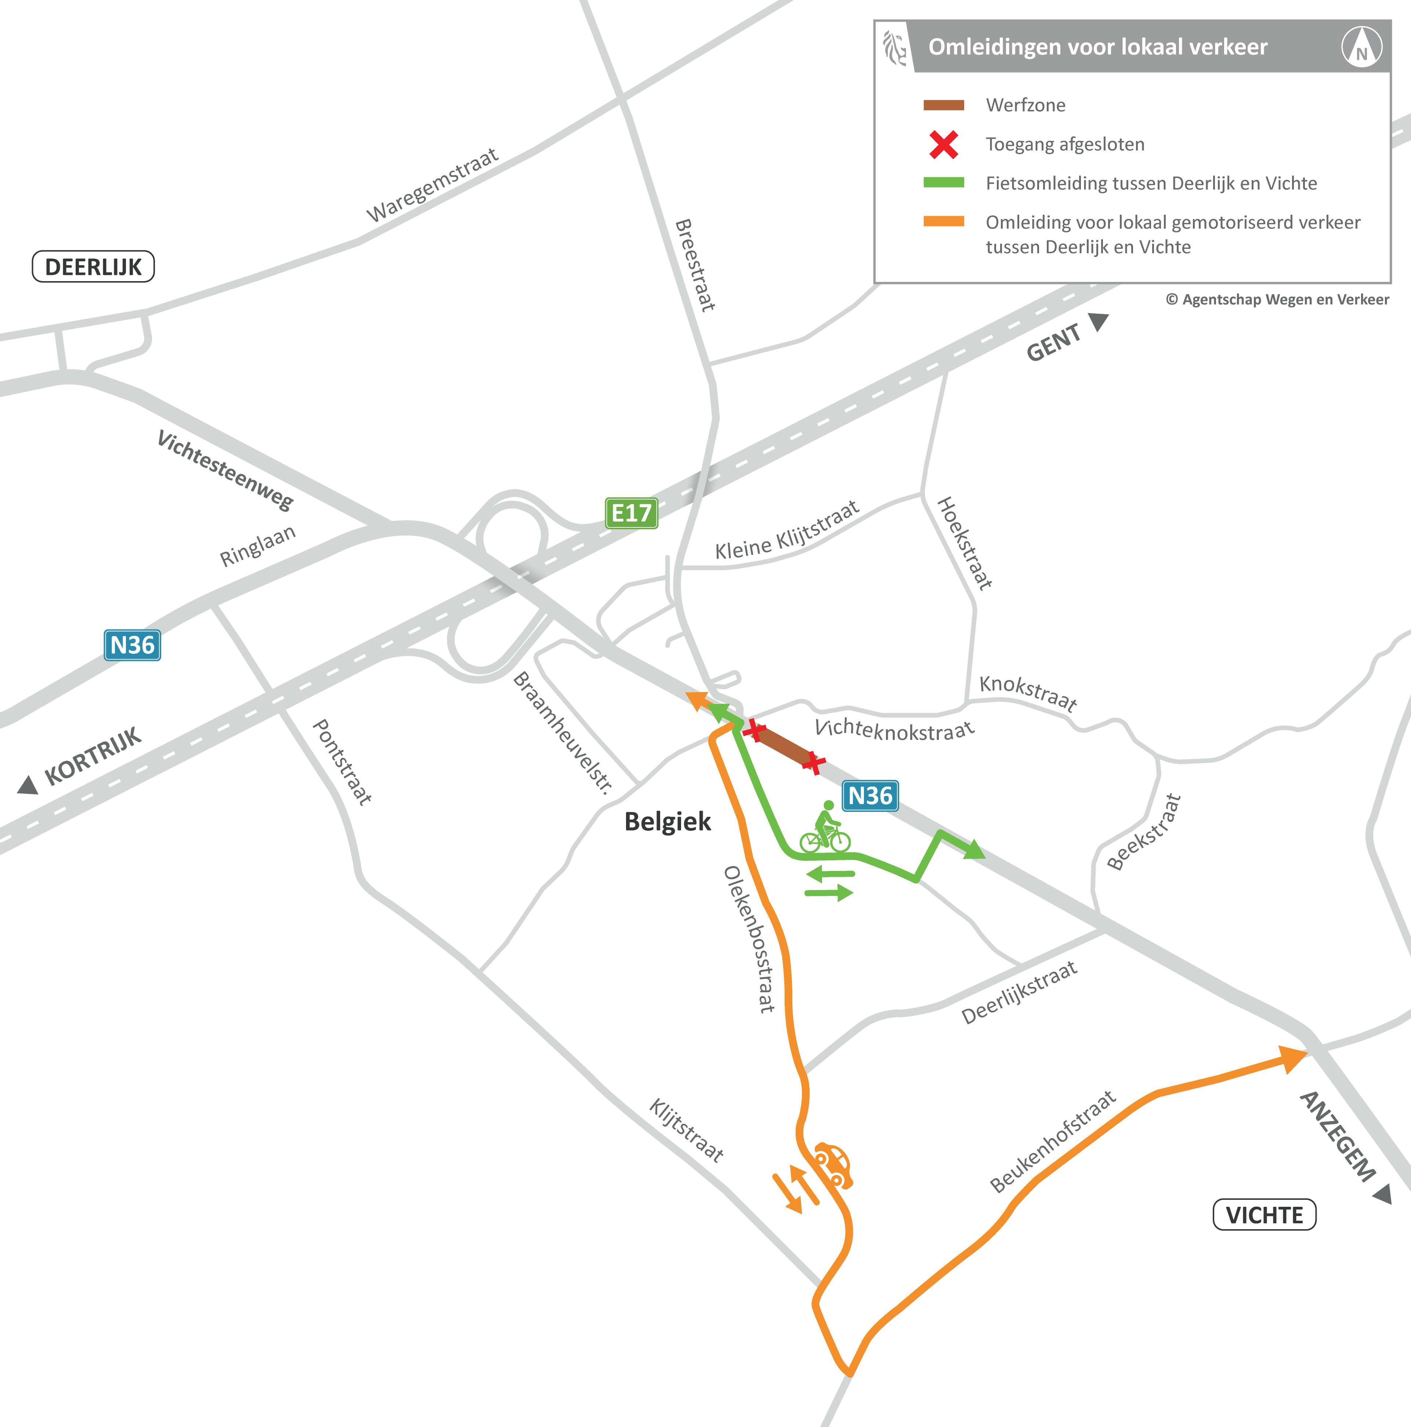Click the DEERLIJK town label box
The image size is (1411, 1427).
pos(93,266)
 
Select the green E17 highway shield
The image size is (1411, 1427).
pos(631,513)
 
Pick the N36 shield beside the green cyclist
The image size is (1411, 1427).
pos(870,795)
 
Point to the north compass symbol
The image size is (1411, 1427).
pos(1361,47)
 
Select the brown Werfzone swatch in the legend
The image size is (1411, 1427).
pos(943,105)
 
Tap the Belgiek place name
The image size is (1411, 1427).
pos(667,821)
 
